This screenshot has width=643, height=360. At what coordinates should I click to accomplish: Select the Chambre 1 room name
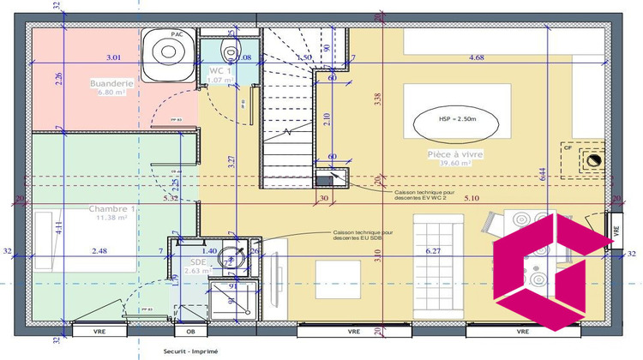[x=111, y=209]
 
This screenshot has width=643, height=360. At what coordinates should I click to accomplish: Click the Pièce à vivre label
[x=449, y=154]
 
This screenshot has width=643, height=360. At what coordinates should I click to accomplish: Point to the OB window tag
[x=190, y=330]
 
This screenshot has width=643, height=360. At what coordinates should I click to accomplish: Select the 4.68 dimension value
[x=477, y=57]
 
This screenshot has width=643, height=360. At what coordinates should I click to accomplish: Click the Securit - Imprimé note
[x=190, y=351]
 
